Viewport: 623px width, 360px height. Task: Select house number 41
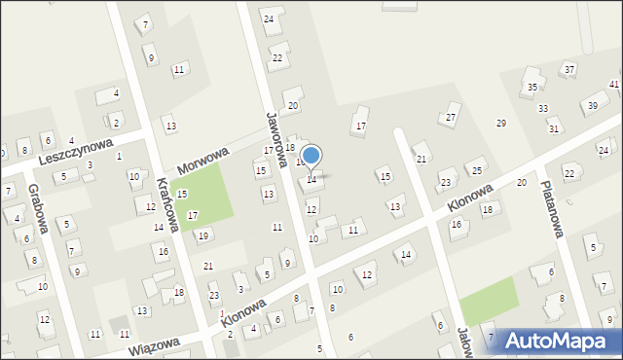pos(614,86)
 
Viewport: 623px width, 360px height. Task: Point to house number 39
pos(592,105)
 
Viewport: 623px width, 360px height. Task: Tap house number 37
pos(569,69)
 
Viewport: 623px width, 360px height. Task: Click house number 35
pos(531,88)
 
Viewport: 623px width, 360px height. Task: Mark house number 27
pos(450,118)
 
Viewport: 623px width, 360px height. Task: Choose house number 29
pos(501,124)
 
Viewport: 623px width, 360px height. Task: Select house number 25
pos(477,170)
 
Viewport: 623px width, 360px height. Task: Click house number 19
pos(203,235)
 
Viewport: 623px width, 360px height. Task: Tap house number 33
pos(543,108)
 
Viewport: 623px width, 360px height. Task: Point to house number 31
pos(554,128)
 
